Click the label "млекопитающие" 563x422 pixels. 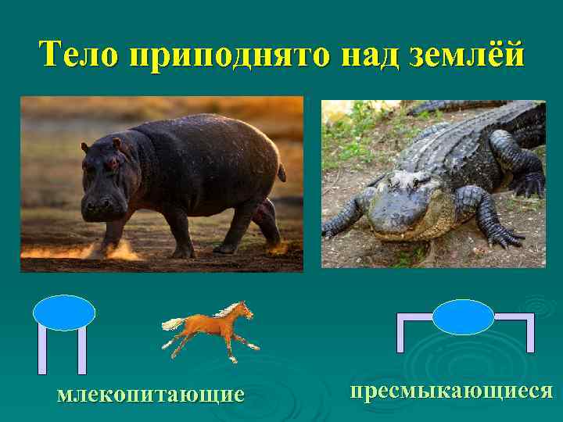coord(151,393)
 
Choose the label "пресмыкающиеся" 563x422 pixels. coord(451,391)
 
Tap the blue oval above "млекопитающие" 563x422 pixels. coord(64,313)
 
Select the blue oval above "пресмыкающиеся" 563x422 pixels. coord(463,317)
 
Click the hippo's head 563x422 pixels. coord(106,184)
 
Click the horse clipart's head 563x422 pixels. coord(246,309)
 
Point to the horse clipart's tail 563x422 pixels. coord(172,322)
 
